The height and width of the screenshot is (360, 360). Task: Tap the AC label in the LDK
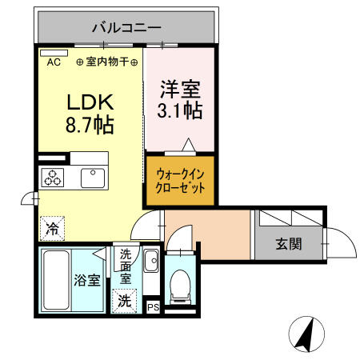54,62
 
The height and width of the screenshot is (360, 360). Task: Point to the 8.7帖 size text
89,125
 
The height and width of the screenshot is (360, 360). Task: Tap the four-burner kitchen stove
54,178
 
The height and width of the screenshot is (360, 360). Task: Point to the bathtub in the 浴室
55,279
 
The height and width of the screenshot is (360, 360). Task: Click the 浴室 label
87,281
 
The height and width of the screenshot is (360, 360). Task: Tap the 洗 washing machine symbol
125,301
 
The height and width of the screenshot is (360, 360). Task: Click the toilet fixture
180,284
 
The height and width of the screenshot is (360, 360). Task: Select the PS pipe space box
153,306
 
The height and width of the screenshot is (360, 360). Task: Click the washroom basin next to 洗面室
152,260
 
